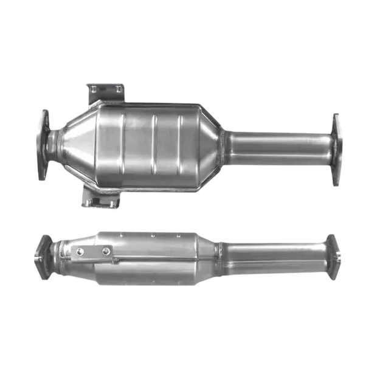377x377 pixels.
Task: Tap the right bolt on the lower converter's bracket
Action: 106,250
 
